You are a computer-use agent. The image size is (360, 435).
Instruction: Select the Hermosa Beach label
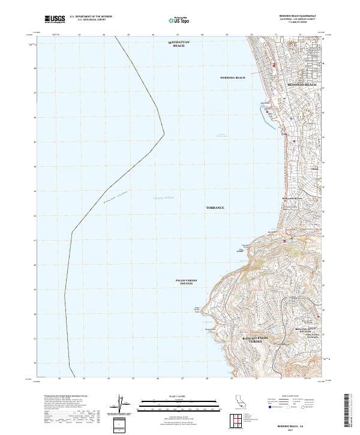coord(233,78)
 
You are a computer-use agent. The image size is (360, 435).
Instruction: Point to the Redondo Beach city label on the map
coord(302,85)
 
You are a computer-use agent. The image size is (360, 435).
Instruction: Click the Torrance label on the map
coord(215,208)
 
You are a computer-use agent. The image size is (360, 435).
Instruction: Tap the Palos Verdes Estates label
coord(186,281)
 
